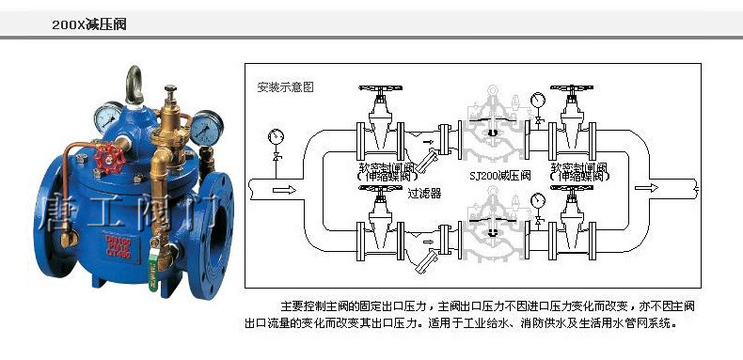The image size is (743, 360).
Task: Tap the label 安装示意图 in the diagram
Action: coord(285,86)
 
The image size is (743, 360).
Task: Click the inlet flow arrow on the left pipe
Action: coord(281,189)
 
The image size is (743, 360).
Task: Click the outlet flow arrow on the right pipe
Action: coord(647,188)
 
